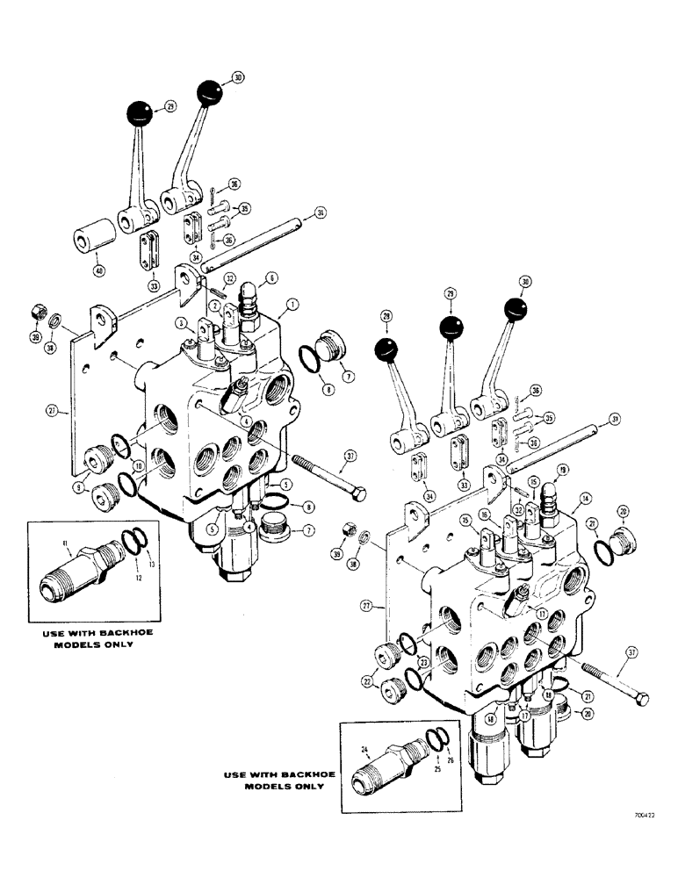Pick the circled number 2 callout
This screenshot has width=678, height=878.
click(x=213, y=304)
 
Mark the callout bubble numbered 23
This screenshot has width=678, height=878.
click(x=423, y=662)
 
